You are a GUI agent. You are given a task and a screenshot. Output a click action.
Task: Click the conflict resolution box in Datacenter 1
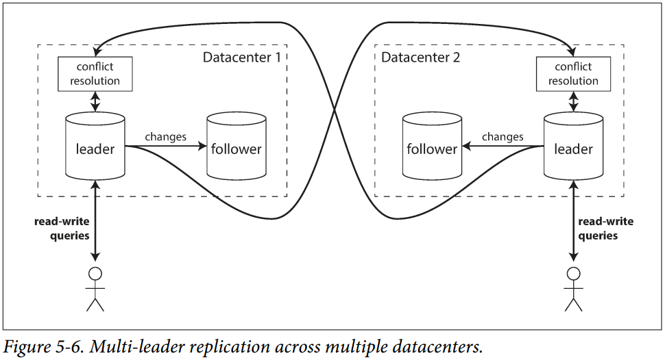95,74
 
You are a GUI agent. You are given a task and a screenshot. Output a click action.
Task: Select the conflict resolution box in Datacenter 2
573,74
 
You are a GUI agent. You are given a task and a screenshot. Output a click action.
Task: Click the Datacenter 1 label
241,57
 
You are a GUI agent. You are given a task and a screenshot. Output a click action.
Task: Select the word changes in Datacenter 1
165,137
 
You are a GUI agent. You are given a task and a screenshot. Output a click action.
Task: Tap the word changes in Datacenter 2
503,137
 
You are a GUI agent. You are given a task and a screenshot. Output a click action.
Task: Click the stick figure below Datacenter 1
95,290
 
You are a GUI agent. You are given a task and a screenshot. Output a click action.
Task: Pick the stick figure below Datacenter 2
573,290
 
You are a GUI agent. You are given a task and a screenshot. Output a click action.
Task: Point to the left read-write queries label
62,229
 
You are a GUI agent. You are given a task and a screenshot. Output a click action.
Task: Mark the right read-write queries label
606,229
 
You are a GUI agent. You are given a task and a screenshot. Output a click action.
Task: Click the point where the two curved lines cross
334,110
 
